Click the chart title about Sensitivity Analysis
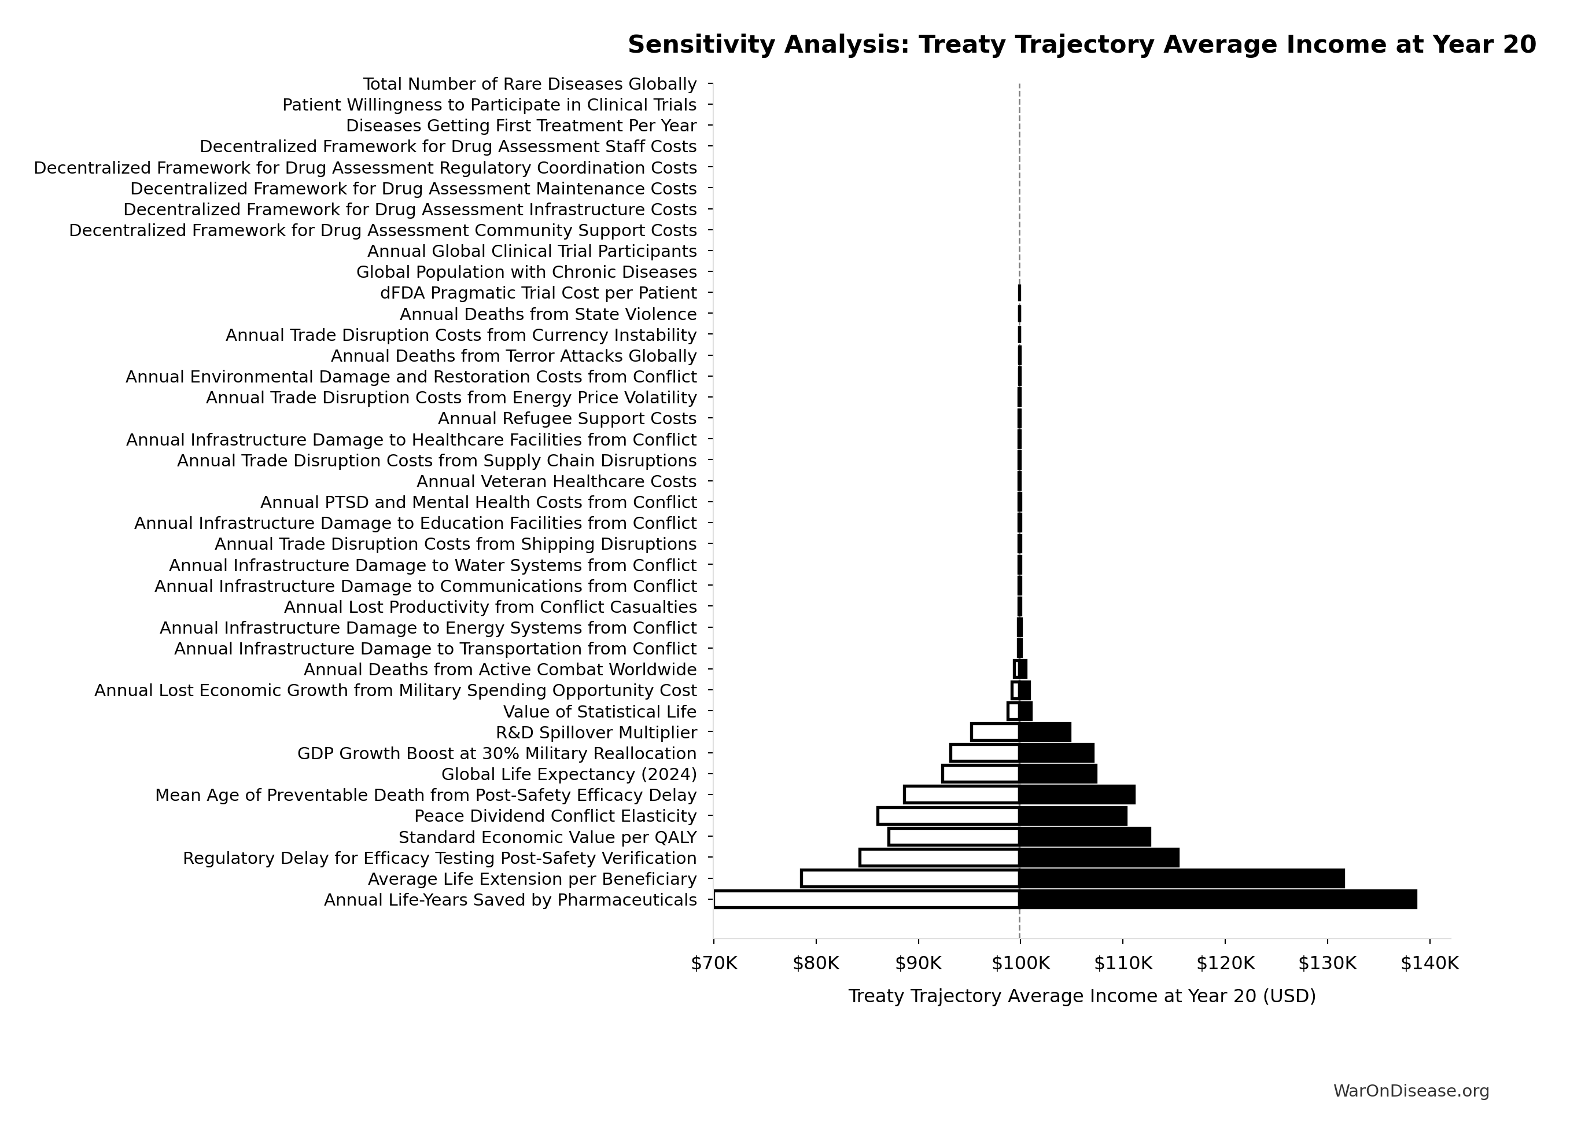(x=1081, y=45)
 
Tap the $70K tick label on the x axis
(x=714, y=963)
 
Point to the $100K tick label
(x=1020, y=963)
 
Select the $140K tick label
(x=1429, y=963)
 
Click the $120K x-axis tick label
(x=1225, y=963)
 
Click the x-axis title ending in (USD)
(x=1081, y=996)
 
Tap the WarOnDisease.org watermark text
(x=1411, y=1091)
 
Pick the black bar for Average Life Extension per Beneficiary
(x=1181, y=878)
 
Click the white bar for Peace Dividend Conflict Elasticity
(x=948, y=816)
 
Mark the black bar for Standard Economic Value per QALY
(x=1084, y=837)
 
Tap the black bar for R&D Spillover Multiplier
(x=1045, y=732)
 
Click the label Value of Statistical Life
(x=599, y=712)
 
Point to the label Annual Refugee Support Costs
(x=567, y=419)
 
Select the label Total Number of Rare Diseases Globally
(x=529, y=84)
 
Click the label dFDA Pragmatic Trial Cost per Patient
(x=538, y=293)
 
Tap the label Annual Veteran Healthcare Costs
(x=556, y=481)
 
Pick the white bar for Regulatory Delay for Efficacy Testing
(x=939, y=858)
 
